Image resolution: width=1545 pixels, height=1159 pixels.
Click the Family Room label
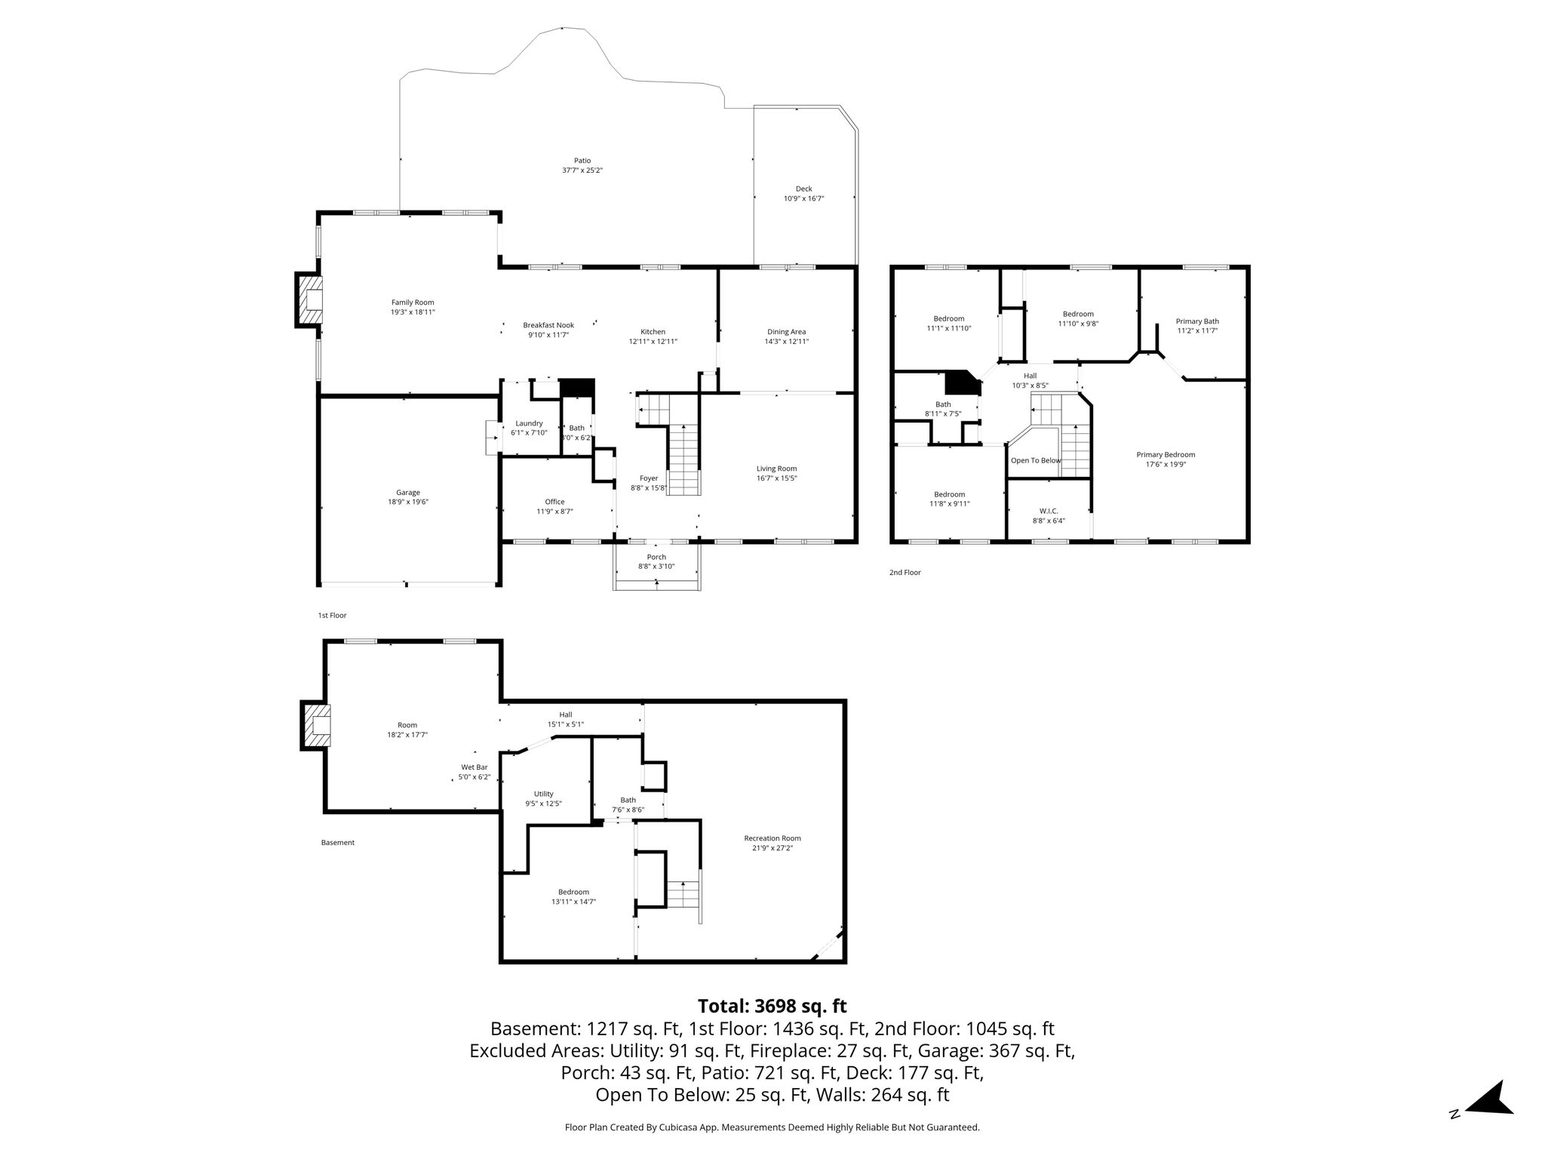point(413,303)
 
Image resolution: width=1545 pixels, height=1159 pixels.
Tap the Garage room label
point(408,493)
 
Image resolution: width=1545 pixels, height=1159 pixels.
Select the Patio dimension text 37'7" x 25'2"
point(582,171)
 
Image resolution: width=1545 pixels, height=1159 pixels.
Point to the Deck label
point(803,189)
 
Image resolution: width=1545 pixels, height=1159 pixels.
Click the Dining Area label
point(786,332)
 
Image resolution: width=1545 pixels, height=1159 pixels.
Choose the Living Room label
point(776,469)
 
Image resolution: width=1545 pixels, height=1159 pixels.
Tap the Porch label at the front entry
point(656,557)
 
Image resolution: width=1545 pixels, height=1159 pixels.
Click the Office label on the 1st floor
point(554,502)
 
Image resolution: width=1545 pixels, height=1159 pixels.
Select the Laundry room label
point(529,423)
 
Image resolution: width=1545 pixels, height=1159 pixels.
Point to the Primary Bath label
point(1197,321)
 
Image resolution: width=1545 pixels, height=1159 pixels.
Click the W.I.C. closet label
point(1049,511)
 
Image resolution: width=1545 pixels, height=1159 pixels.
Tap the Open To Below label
point(1036,460)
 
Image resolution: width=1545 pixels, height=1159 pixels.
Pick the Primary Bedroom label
point(1166,455)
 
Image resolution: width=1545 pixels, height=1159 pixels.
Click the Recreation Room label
point(772,838)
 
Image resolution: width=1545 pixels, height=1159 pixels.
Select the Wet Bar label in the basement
point(475,767)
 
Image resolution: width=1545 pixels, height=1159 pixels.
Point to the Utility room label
point(543,794)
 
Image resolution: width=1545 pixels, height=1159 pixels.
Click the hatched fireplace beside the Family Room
point(309,300)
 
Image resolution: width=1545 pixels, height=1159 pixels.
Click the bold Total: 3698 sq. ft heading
point(772,1007)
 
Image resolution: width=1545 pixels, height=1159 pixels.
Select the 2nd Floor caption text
point(905,573)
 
